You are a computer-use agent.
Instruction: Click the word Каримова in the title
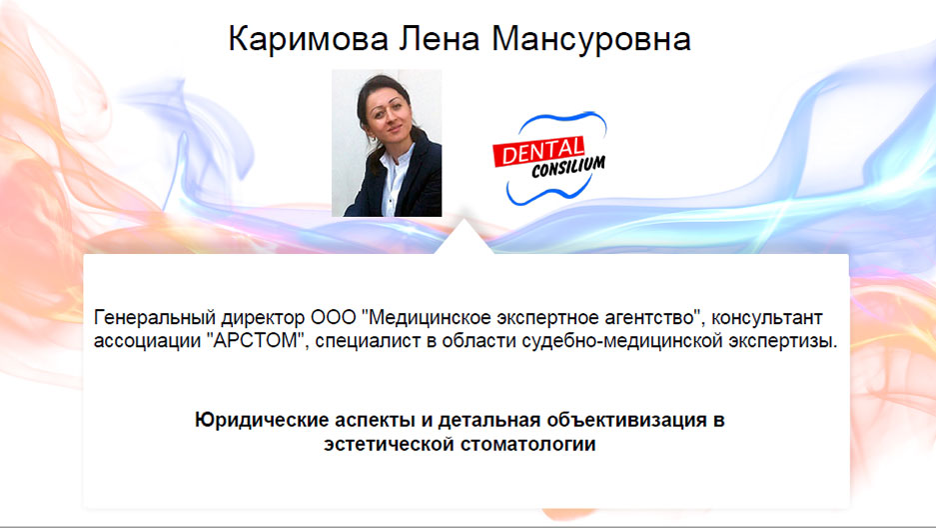click(308, 39)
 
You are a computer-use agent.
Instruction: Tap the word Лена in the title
click(440, 39)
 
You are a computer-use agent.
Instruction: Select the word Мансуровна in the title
click(591, 39)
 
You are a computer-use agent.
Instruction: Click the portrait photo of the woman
click(387, 143)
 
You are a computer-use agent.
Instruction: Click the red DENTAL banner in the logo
click(538, 152)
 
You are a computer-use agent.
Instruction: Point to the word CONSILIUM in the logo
click(568, 167)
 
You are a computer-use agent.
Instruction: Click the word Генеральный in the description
click(155, 318)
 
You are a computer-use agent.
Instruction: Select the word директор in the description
click(263, 318)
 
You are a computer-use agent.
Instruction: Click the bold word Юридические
click(262, 420)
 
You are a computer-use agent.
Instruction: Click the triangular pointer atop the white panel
click(464, 240)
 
